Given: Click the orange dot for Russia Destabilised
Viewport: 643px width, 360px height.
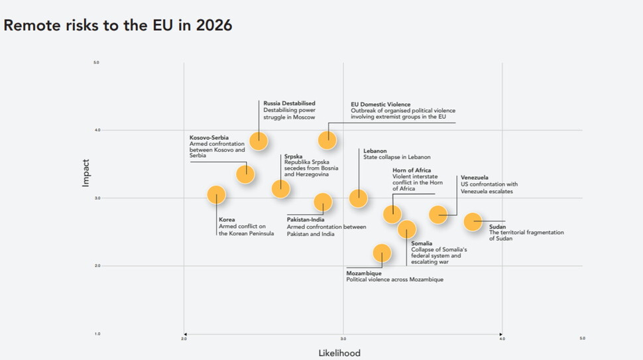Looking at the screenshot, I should pos(258,141).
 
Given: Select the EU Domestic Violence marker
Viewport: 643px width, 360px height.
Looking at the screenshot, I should pos(327,140).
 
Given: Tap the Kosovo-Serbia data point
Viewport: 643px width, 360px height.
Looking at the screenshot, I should pos(245,174).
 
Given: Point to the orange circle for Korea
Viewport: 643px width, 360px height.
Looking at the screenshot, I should pos(216,194).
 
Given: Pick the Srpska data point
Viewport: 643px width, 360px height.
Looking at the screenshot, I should pos(280,188).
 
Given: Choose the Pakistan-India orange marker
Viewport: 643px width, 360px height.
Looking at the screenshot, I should pos(323,202).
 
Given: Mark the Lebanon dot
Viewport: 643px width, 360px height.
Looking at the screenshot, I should pos(358,198).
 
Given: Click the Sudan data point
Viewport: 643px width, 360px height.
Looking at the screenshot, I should pos(473,221).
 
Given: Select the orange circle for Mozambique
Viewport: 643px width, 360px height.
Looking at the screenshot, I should pos(382,253).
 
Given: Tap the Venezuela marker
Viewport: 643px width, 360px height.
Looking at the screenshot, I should pos(438,214).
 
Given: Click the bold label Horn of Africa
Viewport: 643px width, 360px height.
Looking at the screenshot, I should pos(412,170).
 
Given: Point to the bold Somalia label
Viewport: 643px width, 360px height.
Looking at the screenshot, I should pos(422,243).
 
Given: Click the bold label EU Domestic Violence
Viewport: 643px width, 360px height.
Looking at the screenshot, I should pos(380,104).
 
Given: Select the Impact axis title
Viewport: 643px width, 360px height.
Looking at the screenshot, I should pos(86,172).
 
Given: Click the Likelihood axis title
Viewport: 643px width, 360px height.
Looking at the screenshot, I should pos(339,353).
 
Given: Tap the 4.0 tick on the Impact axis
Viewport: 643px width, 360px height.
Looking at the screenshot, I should pos(96,131).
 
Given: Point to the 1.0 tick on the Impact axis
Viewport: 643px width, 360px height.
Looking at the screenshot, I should pos(96,333).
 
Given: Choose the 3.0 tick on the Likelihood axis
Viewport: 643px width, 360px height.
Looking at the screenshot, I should pos(343,339).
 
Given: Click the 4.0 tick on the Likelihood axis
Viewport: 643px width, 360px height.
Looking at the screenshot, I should pos(502,339).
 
